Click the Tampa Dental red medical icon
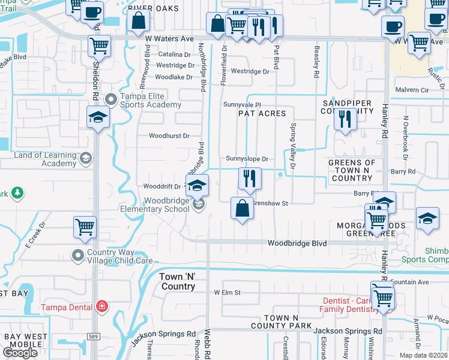pyautogui.click(x=102, y=307)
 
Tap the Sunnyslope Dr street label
pyautogui.click(x=247, y=159)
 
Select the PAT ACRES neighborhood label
pyautogui.click(x=262, y=113)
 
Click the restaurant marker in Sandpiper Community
pyautogui.click(x=345, y=118)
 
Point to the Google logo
pyautogui.click(x=20, y=353)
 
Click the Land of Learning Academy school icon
pyautogui.click(x=85, y=158)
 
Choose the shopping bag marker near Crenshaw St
pyautogui.click(x=242, y=209)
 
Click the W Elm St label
pyautogui.click(x=227, y=293)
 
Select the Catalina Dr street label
pyautogui.click(x=174, y=55)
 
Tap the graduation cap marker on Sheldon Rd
pyautogui.click(x=98, y=117)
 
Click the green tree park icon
pyautogui.click(x=18, y=193)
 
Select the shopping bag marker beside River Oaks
pyautogui.click(x=139, y=22)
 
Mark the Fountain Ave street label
pyautogui.click(x=409, y=282)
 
